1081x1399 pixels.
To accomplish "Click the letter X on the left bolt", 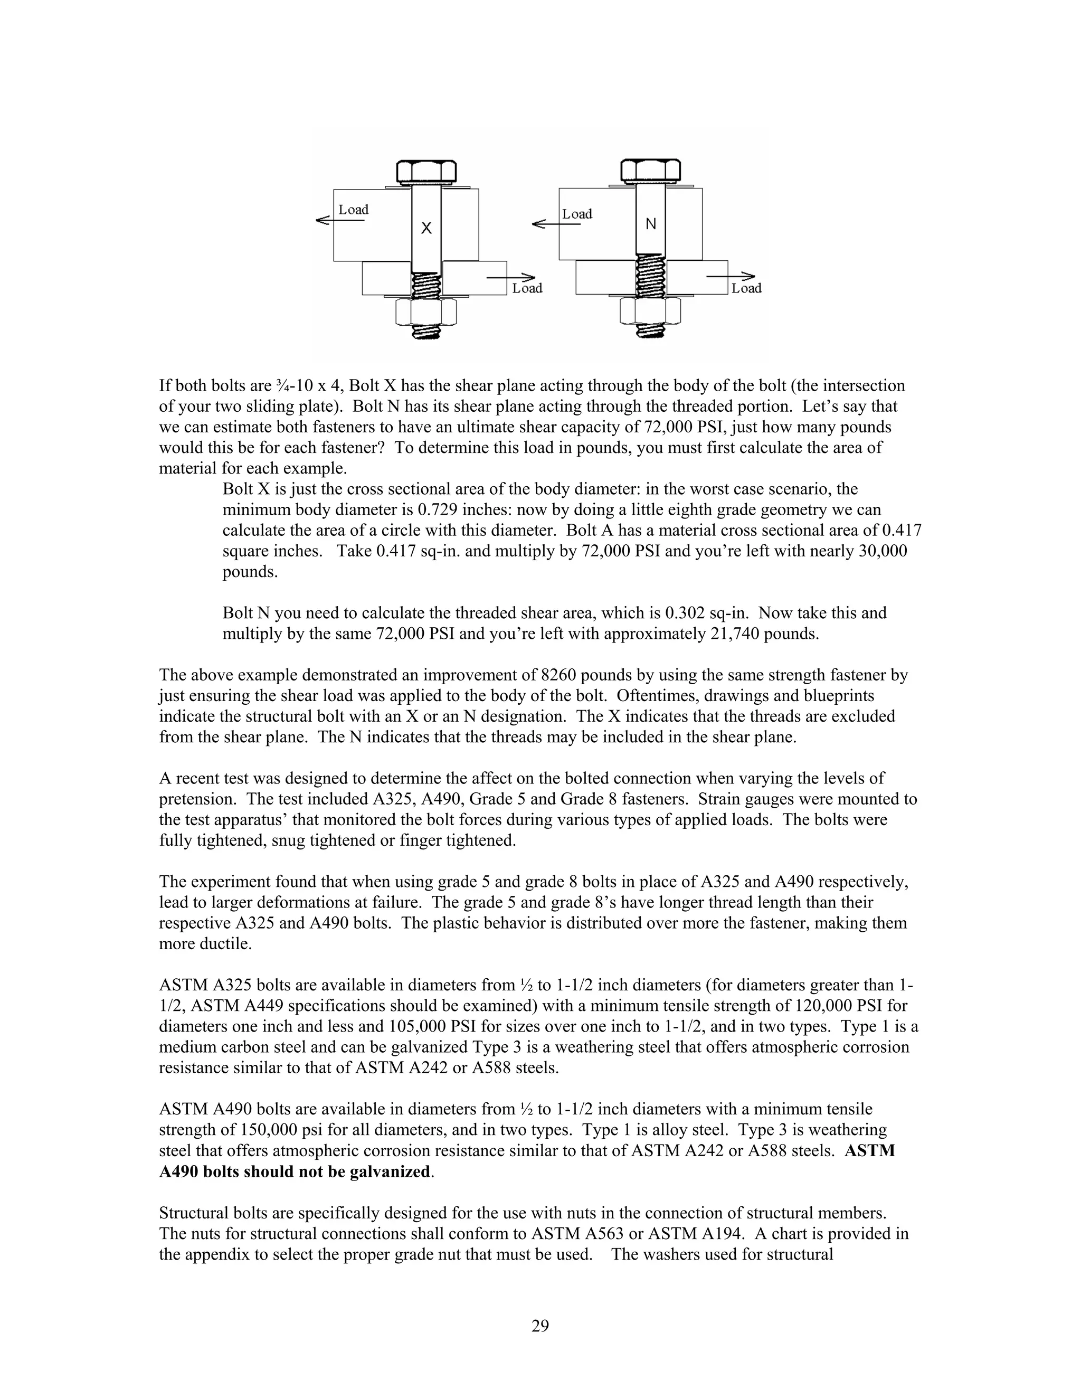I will coord(426,228).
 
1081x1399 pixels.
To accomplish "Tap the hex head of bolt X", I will coord(426,172).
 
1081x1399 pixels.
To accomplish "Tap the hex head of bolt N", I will coord(651,171).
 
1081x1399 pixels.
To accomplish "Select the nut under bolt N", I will coord(651,311).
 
